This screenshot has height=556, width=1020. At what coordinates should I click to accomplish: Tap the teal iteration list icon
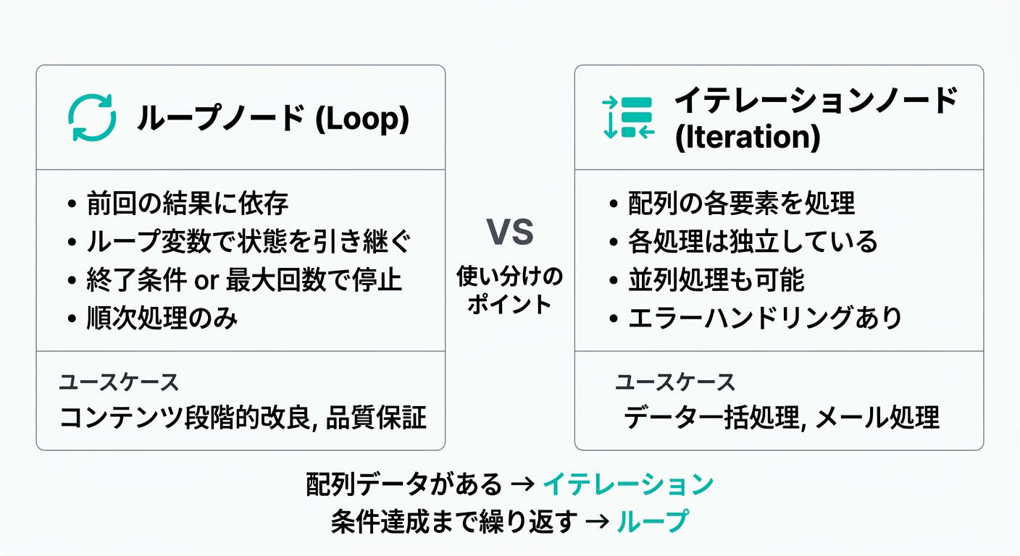[628, 117]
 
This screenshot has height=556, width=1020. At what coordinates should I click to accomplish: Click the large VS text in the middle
[509, 232]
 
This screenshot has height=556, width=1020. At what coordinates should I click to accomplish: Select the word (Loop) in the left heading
[362, 118]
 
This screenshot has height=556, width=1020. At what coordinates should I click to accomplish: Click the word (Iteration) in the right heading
[748, 137]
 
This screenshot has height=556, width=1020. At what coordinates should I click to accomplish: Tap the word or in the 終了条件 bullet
[206, 280]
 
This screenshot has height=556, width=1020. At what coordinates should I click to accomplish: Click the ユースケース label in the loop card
[119, 382]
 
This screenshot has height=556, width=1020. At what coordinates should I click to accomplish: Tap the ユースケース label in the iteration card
[675, 382]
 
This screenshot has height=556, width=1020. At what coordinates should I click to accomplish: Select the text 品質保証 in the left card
[376, 417]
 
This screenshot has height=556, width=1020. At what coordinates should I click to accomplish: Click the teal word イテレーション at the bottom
[628, 484]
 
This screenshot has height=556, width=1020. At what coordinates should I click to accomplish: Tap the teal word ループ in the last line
[652, 521]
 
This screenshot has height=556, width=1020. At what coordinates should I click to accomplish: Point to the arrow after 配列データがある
[523, 484]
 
